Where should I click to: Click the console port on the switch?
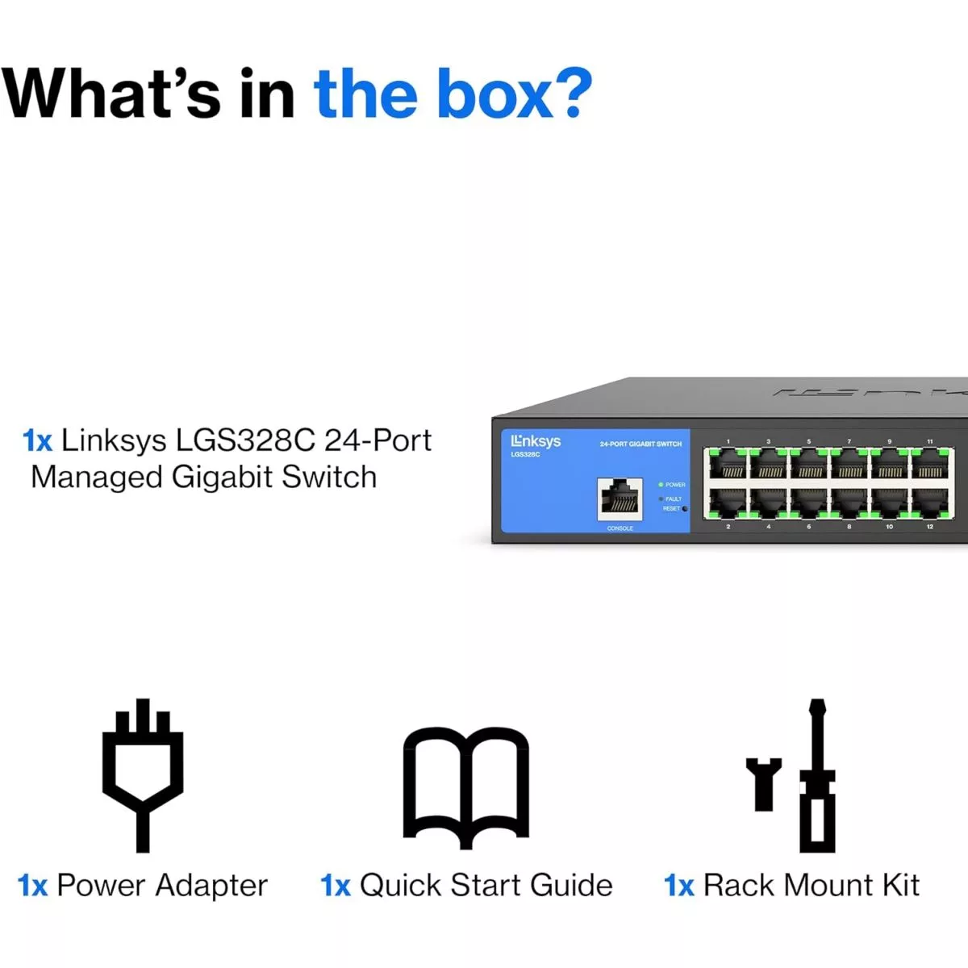[x=620, y=499]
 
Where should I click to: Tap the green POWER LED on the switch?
[x=661, y=485]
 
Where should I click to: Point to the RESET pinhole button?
[x=685, y=509]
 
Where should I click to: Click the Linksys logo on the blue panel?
[x=536, y=441]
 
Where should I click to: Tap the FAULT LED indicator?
[x=661, y=499]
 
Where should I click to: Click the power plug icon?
[x=143, y=774]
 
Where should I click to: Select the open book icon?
[x=465, y=786]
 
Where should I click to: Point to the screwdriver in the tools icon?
[x=817, y=774]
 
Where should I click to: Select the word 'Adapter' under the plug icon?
[x=211, y=886]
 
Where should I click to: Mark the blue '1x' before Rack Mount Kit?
[x=678, y=886]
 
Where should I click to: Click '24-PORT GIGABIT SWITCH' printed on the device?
[x=640, y=444]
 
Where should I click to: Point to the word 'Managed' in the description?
[x=97, y=478]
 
